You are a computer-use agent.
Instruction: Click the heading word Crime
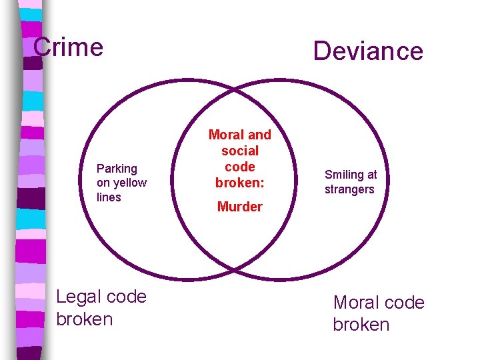pos(68,47)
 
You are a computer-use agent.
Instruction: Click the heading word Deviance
pos(368,51)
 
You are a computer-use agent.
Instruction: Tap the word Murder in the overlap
pos(240,207)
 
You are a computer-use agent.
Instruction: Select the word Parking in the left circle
pos(117,169)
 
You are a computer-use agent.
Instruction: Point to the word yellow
pos(130,183)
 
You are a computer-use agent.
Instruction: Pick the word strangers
pos(349,189)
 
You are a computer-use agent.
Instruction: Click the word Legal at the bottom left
pos(79,297)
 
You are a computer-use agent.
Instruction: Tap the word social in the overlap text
pos(240,151)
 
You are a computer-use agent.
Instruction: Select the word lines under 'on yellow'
pos(109,197)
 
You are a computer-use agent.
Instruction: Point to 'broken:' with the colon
pos(240,182)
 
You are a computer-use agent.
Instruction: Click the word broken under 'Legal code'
pos(85,319)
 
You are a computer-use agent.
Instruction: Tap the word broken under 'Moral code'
pos(361,325)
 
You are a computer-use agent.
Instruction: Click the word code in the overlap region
pos(240,167)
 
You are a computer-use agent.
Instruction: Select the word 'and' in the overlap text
pos(259,135)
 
